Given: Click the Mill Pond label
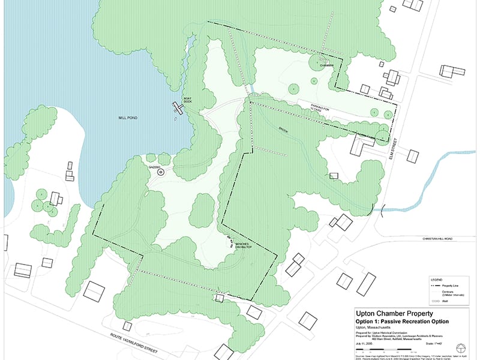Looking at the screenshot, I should point(128,119).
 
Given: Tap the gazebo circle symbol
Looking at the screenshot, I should point(160,172).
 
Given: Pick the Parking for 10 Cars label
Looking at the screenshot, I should point(322,107).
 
